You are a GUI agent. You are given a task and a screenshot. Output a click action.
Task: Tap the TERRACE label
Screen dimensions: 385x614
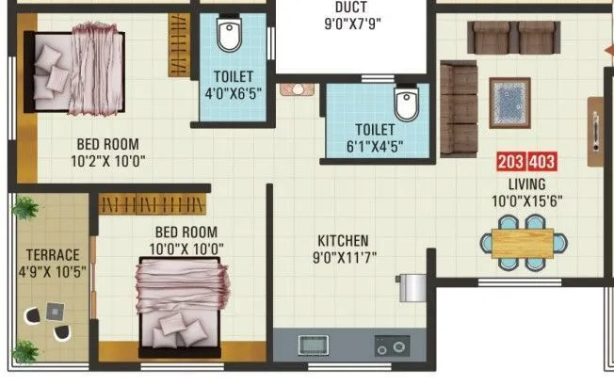(53, 254)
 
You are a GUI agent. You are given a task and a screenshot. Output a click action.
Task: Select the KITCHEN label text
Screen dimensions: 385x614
(342, 241)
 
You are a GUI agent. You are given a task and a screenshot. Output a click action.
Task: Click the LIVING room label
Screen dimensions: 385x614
(526, 183)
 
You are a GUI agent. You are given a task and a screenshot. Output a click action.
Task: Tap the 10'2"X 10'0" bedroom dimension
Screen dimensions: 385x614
(107, 159)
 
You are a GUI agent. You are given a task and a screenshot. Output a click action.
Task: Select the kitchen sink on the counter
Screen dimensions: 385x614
(312, 345)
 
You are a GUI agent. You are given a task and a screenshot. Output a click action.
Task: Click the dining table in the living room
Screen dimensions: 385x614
(524, 239)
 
